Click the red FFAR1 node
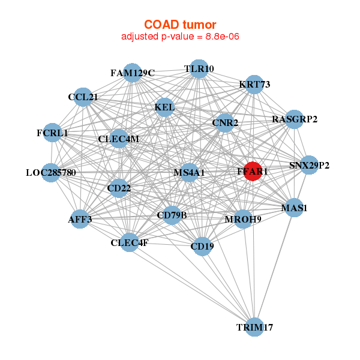coord(253,171)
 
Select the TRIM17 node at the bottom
coord(255,327)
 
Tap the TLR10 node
coord(199,69)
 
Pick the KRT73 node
coord(254,85)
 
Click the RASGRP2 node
coord(294,119)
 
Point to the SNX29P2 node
coord(309,165)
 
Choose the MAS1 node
coord(294,208)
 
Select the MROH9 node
coord(243,219)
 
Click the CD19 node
coord(202,245)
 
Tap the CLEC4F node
coord(130,242)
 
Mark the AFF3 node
coord(80,219)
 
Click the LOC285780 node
coord(51,173)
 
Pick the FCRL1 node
coord(52,133)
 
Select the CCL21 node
coord(83,97)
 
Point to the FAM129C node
coord(133,73)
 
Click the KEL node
coord(164,108)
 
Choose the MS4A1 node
coord(190,173)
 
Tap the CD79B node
coord(172,215)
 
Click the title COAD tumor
coord(181,25)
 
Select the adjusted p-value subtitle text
coord(181,37)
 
